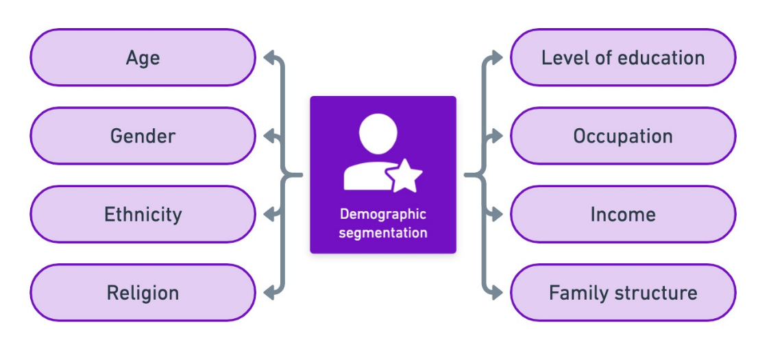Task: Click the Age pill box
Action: point(143,58)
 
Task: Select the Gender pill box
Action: point(143,136)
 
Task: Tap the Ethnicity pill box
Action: point(143,215)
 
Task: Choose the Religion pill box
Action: point(143,293)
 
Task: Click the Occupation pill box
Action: point(623,136)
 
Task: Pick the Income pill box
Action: point(623,215)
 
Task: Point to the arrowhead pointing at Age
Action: point(270,58)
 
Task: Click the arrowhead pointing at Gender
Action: point(270,136)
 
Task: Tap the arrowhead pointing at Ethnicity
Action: point(270,215)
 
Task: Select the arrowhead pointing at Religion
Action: point(270,293)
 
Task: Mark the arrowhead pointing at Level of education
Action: point(497,58)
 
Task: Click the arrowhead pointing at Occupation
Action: point(497,136)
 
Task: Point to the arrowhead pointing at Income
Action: point(497,215)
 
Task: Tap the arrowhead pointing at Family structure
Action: point(497,293)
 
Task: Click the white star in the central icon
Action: point(406,176)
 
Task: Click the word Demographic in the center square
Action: point(382,214)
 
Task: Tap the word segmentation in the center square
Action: point(382,232)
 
